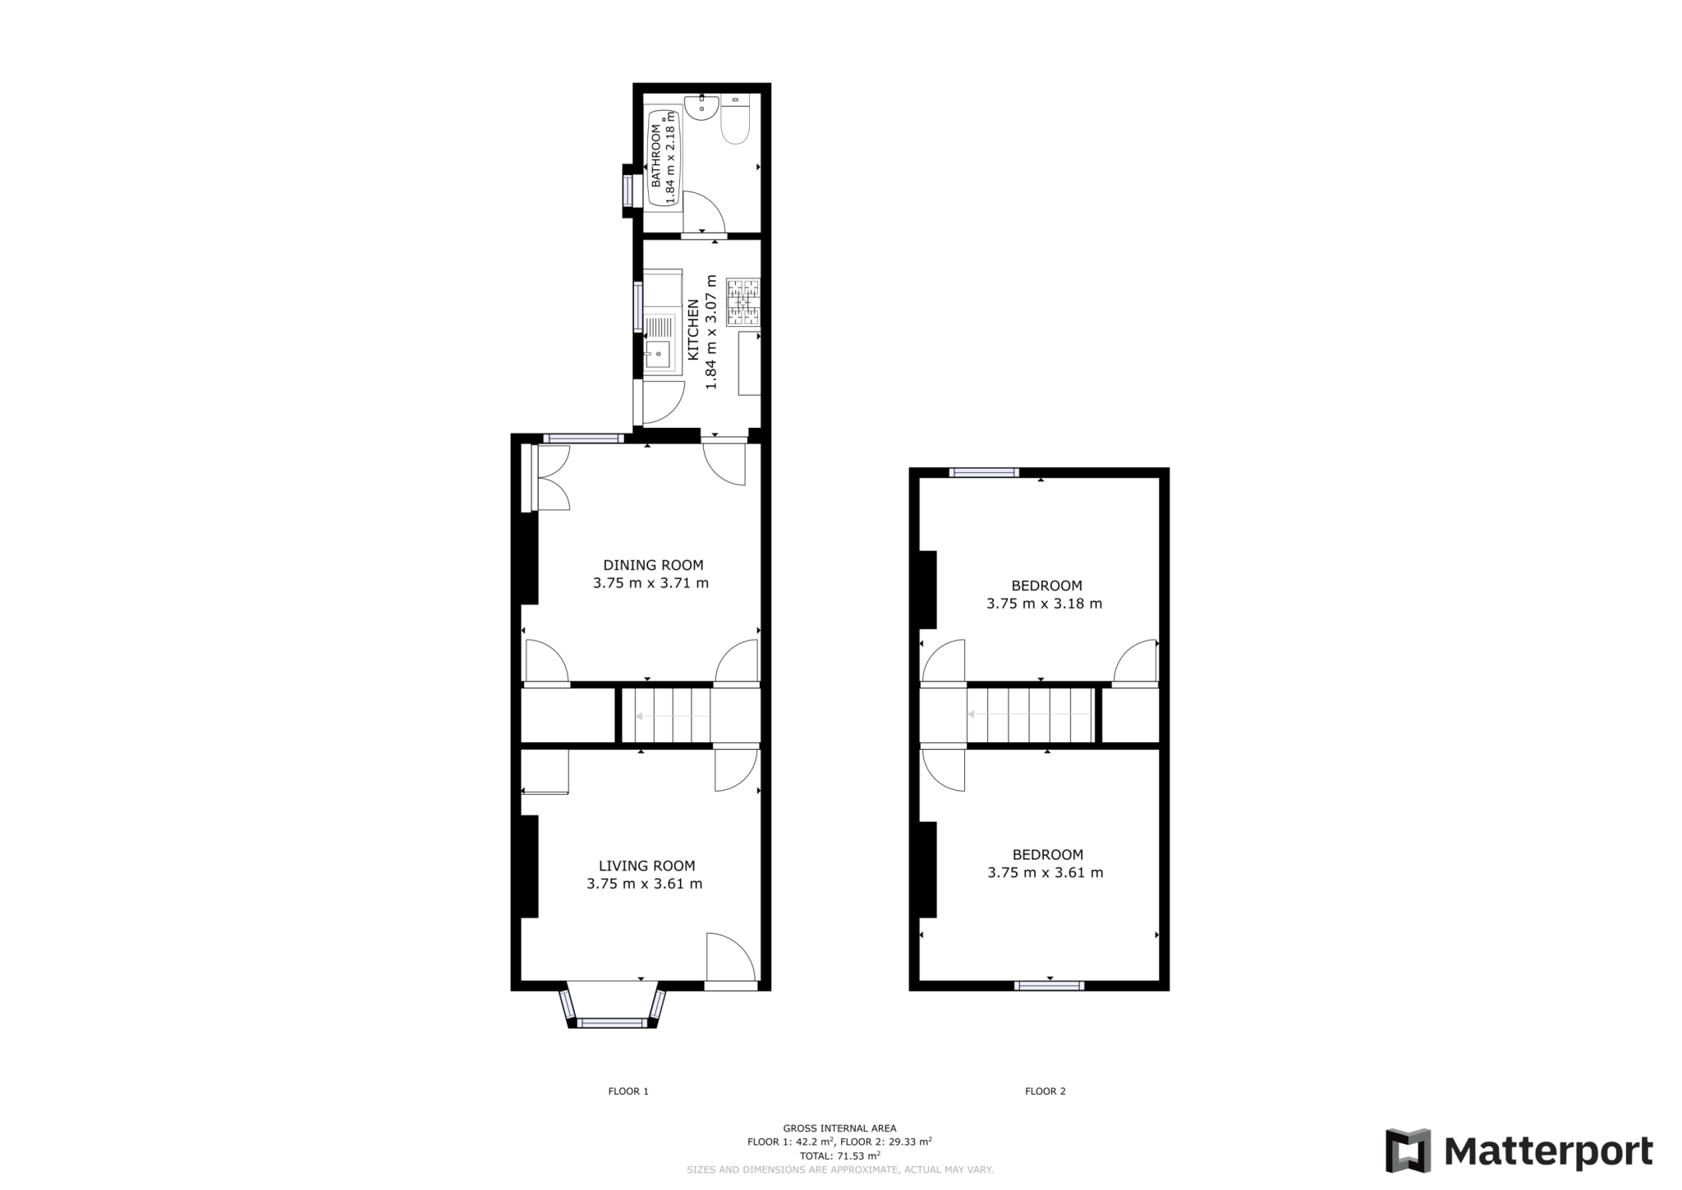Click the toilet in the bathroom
(x=735, y=125)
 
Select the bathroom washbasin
(x=701, y=108)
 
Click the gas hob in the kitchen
(x=742, y=302)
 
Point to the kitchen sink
(x=658, y=354)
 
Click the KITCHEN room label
(x=693, y=329)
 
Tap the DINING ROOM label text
(x=653, y=565)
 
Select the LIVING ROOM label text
(x=646, y=866)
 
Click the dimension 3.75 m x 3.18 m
(x=1044, y=604)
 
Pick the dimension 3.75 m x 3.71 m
(x=650, y=584)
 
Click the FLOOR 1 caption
(x=628, y=1091)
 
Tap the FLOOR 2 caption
(x=1045, y=1091)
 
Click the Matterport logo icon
(x=1408, y=1151)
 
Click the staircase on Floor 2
(x=1030, y=714)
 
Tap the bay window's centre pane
(x=612, y=1022)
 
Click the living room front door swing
(x=729, y=958)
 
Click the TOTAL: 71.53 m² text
(x=839, y=1156)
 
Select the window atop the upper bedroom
(x=984, y=472)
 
